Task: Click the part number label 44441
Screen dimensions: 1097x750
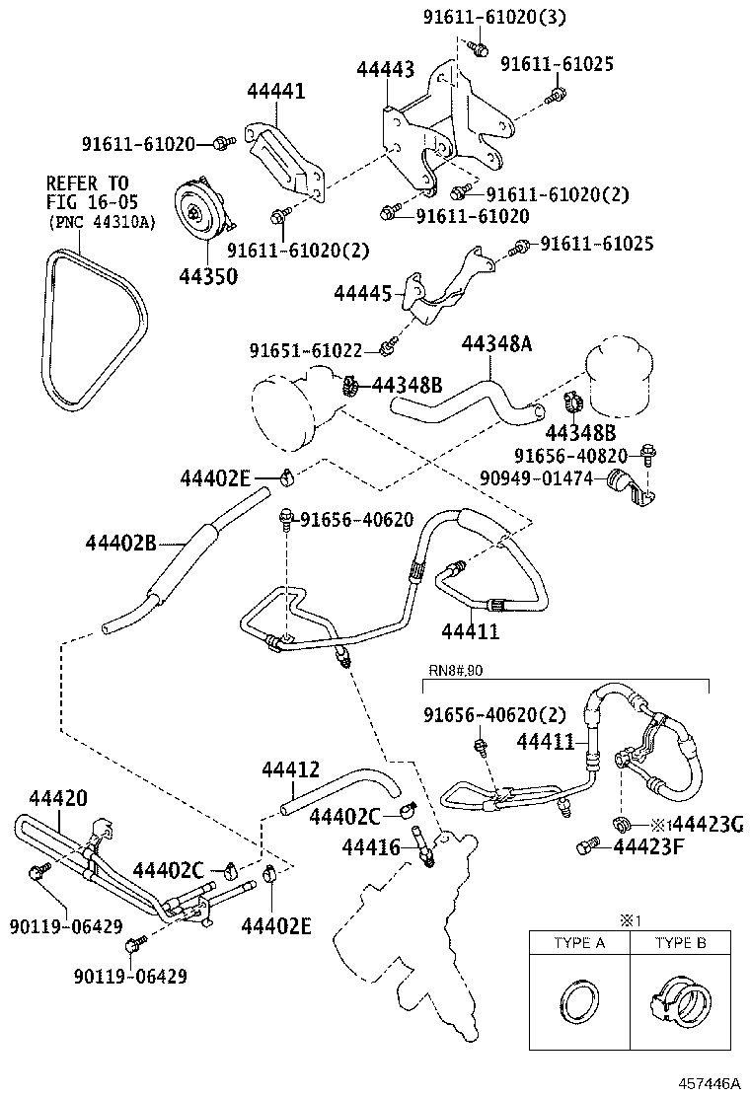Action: (x=275, y=92)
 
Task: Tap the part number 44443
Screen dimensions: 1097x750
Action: (x=385, y=69)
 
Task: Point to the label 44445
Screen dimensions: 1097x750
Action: (x=362, y=293)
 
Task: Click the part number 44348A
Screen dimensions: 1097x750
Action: (x=496, y=343)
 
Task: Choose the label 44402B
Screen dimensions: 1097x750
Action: (x=120, y=542)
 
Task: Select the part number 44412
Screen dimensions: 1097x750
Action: (x=290, y=768)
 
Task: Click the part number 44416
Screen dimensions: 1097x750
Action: (x=371, y=845)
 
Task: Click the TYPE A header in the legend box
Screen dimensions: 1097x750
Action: (x=579, y=943)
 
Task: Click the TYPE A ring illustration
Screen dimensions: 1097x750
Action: (x=579, y=1007)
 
